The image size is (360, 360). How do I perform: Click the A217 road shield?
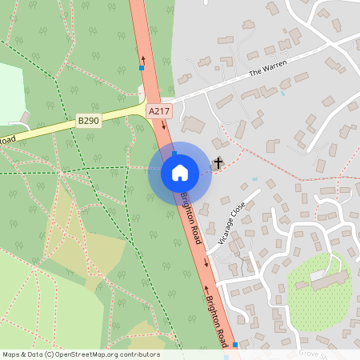pos(159,113)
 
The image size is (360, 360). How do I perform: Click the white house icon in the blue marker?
pos(180,172)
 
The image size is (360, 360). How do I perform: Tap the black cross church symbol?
pos(218,163)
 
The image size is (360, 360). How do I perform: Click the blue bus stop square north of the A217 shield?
pos(142,68)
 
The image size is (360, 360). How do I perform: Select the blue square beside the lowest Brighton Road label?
pos(235,345)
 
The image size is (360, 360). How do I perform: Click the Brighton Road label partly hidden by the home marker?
pos(193,217)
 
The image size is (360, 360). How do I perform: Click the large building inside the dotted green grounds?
pos(329,281)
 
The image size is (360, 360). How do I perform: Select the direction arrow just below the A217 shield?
pos(163,126)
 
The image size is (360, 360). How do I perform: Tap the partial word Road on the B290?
pos(7,141)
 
